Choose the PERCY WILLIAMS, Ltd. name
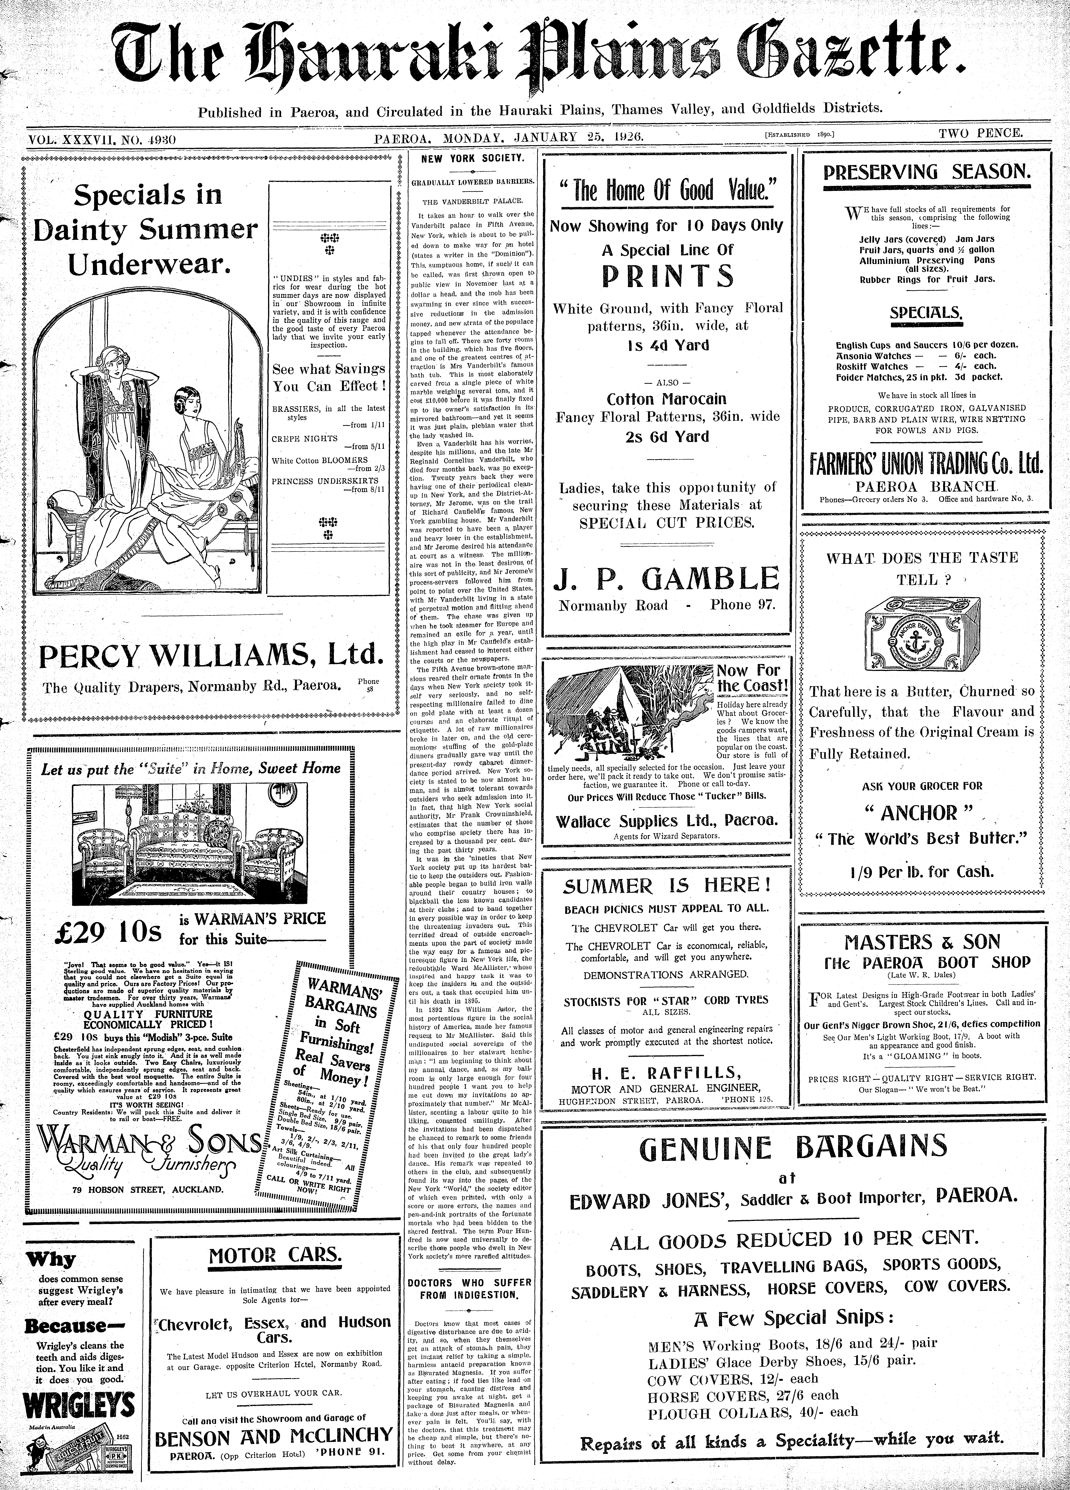(x=210, y=656)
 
